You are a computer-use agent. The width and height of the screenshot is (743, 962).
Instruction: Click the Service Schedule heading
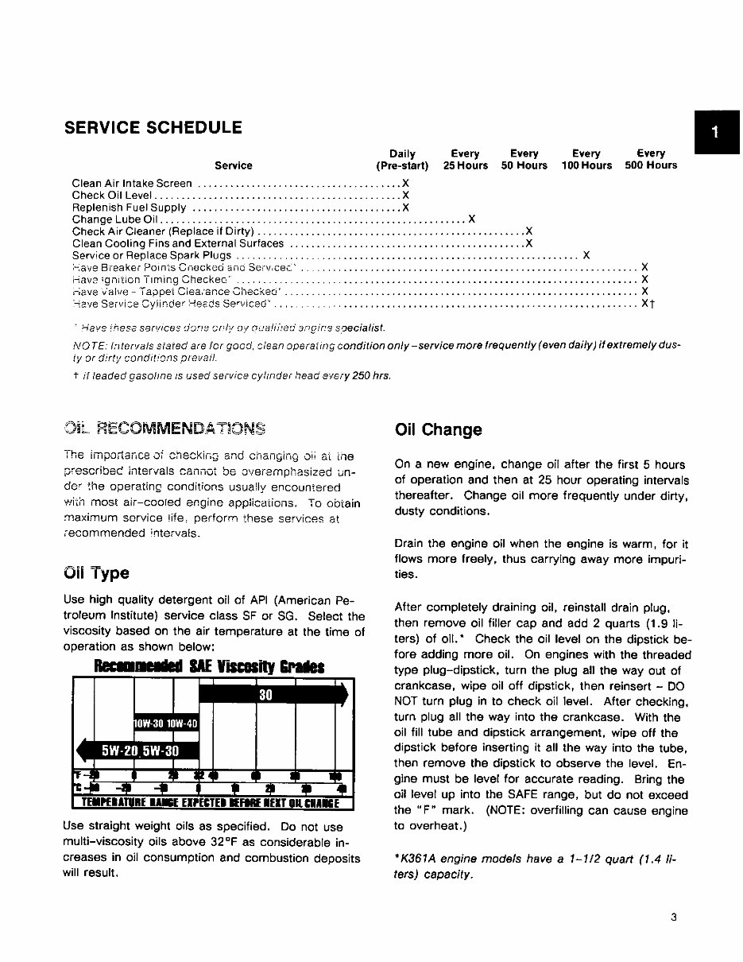(x=153, y=127)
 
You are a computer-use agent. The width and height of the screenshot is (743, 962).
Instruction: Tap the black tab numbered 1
(x=716, y=133)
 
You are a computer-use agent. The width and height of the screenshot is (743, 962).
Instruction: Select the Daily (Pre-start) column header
(x=402, y=160)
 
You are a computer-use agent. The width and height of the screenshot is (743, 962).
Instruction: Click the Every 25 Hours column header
(x=465, y=160)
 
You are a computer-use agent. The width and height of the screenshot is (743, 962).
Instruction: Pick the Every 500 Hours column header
(x=651, y=160)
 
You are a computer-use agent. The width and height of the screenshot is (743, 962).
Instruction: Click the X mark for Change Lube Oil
(x=472, y=219)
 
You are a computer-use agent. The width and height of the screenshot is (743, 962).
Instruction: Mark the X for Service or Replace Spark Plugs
(x=586, y=255)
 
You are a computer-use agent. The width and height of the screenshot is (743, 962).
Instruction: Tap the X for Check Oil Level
(x=405, y=195)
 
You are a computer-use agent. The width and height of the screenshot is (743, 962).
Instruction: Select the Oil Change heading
(x=438, y=430)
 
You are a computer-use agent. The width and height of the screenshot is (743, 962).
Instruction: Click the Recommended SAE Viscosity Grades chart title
(x=210, y=665)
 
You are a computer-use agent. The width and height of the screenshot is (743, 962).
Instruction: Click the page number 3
(x=673, y=917)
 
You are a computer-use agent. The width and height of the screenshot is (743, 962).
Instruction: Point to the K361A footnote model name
(x=416, y=860)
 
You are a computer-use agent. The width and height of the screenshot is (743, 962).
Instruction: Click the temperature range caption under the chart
(x=211, y=801)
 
